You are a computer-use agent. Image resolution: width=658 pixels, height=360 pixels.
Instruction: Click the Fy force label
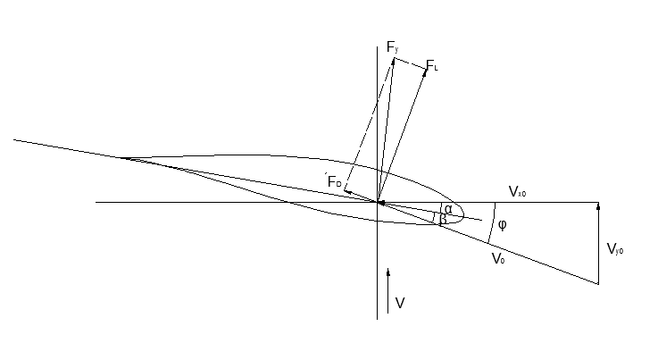[393, 46]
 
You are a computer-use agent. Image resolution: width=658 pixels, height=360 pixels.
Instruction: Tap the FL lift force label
[432, 65]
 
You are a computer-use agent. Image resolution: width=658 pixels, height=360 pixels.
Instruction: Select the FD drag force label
[335, 182]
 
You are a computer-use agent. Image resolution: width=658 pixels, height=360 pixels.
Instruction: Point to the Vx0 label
[518, 192]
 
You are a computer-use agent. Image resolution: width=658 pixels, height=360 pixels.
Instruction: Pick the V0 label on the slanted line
[498, 259]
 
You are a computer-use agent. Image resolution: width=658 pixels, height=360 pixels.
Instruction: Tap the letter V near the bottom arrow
[400, 304]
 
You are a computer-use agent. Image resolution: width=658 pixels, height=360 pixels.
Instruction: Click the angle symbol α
[448, 210]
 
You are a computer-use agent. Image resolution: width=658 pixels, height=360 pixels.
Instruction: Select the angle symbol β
[443, 221]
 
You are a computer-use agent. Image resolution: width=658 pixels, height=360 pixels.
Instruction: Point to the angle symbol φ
[502, 224]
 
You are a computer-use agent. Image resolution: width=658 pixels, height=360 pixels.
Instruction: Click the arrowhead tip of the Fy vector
[394, 58]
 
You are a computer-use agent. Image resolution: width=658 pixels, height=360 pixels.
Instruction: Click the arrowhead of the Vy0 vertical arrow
[598, 205]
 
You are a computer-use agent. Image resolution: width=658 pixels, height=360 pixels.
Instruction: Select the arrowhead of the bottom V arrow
[389, 269]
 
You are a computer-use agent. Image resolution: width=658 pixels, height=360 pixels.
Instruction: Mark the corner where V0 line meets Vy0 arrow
[598, 284]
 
